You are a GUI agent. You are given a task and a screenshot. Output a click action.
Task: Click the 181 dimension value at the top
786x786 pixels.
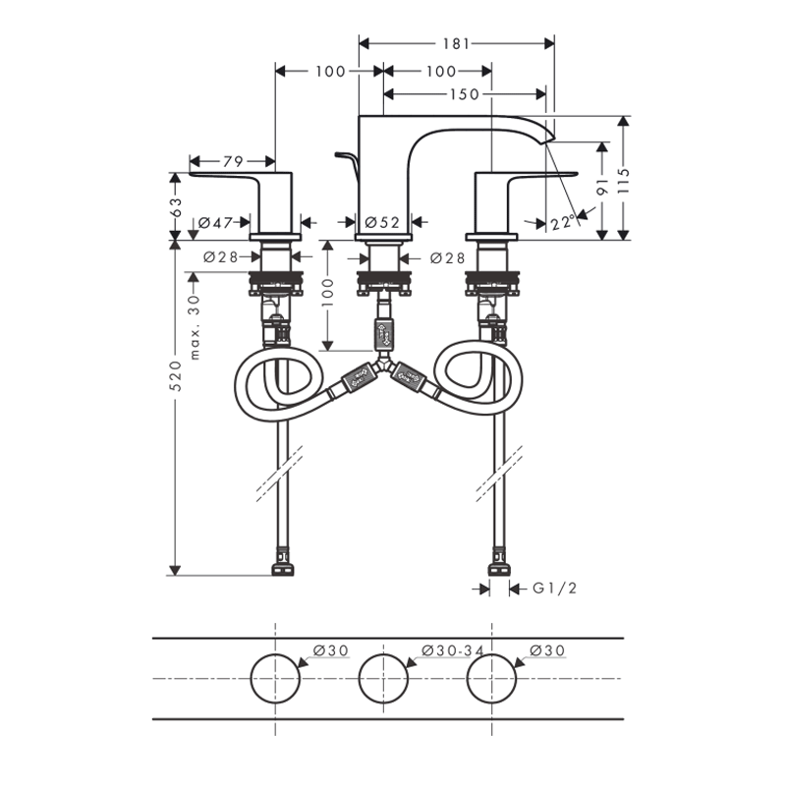(456, 44)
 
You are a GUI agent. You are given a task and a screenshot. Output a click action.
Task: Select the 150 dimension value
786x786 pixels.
(464, 94)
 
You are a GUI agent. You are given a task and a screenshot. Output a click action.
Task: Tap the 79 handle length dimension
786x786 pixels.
(233, 161)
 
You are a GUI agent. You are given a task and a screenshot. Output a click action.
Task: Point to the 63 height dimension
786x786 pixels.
(176, 206)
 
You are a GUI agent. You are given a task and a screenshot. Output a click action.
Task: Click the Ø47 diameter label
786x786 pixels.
(215, 222)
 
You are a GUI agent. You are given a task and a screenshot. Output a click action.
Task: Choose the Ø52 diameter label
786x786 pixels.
(382, 222)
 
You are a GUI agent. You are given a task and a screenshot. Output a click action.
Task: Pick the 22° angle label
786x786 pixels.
(562, 223)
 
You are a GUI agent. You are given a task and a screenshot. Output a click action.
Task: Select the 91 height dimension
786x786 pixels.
(602, 186)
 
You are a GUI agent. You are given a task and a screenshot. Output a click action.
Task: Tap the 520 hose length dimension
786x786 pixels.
(176, 375)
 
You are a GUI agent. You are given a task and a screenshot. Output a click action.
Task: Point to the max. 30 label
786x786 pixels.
(195, 327)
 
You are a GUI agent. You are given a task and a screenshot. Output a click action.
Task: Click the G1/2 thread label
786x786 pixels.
(554, 588)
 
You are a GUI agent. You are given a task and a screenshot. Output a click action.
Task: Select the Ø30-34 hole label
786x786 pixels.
(453, 650)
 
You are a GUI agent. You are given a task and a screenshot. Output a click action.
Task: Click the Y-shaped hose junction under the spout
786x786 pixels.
(383, 364)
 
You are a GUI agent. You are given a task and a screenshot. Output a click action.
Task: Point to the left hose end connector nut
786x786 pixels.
(283, 569)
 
